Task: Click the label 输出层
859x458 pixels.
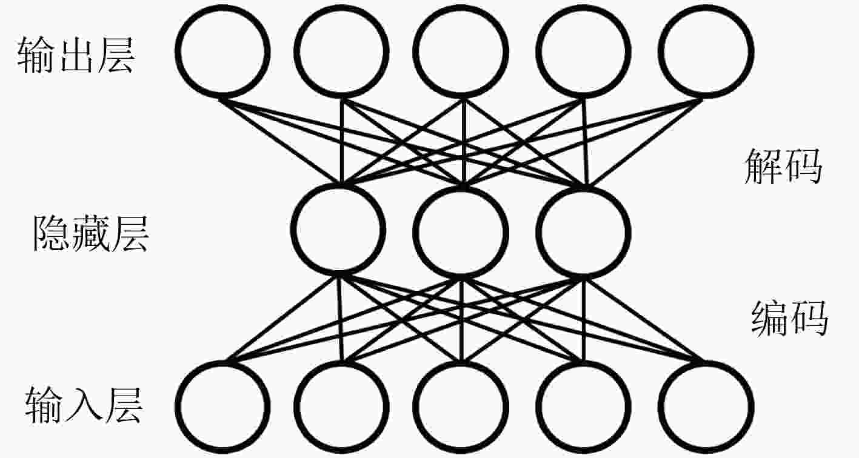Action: (76, 55)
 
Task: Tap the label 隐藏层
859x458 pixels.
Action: (91, 233)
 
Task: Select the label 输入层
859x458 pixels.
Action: (84, 405)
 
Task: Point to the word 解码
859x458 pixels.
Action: (783, 167)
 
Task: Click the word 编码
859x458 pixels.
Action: (790, 319)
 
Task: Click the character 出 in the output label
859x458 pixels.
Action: (76, 55)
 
